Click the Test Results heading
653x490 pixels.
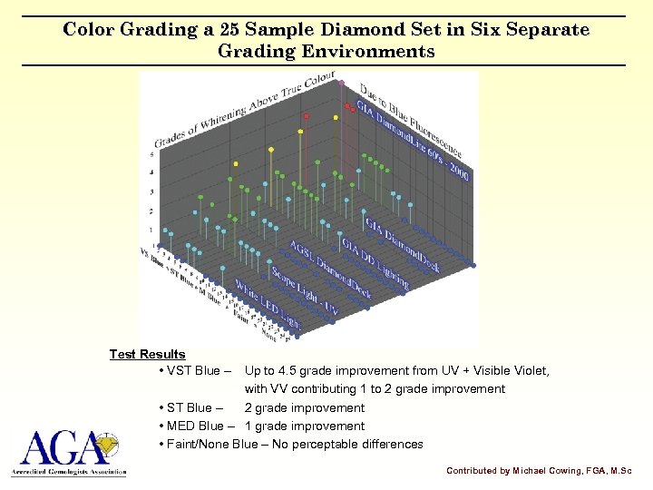click(x=147, y=355)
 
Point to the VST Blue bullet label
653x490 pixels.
click(x=194, y=371)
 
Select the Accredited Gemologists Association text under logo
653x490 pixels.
click(x=69, y=473)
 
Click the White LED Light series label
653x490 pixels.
click(x=268, y=305)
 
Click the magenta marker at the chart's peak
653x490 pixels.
click(x=341, y=82)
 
